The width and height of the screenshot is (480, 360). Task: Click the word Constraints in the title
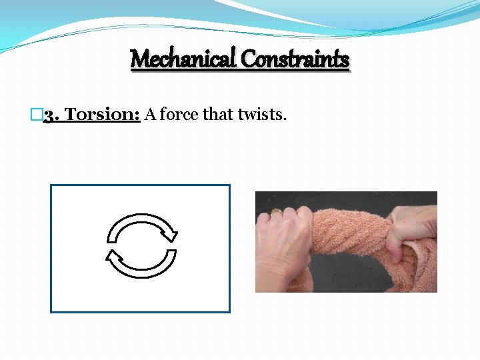(x=295, y=59)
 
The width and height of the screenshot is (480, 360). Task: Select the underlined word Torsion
(x=103, y=115)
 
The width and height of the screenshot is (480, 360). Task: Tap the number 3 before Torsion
(x=50, y=115)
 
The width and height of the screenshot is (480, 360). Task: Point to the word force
(x=179, y=115)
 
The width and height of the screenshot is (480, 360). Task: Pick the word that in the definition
(x=218, y=115)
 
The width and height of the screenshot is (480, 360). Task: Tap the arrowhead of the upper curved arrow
(x=171, y=233)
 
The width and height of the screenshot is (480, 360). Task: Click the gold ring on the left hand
(x=275, y=211)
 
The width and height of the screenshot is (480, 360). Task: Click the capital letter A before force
(x=150, y=115)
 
